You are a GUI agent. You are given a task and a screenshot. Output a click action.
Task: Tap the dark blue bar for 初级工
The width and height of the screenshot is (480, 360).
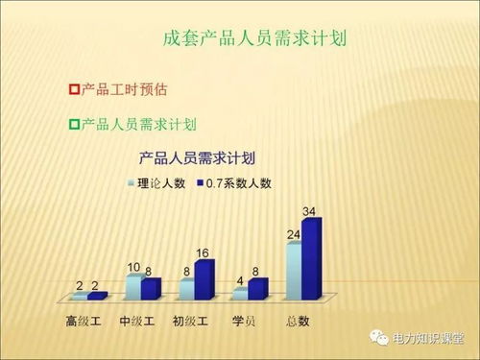coord(203,279)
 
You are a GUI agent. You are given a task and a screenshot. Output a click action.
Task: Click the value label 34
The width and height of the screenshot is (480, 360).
coord(309,210)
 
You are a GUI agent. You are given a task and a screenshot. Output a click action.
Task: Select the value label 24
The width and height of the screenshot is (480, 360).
coord(293,233)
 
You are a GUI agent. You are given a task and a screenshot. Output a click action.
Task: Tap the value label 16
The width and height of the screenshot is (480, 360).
coord(203,252)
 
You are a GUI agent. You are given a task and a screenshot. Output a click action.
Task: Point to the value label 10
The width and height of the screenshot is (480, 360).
coord(133,266)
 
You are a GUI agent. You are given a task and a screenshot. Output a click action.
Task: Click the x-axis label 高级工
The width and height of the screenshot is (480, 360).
coord(83,320)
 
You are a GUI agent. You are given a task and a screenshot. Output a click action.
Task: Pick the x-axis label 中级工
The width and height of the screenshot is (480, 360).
coord(136,320)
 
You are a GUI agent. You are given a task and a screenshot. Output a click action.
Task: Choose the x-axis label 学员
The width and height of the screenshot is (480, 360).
coord(244,320)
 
